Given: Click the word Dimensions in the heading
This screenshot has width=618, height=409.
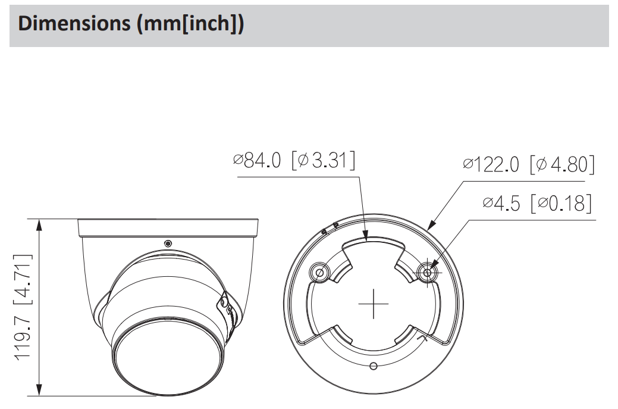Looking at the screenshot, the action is click(74, 24).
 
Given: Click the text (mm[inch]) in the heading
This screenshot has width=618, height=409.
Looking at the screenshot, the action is click(190, 24).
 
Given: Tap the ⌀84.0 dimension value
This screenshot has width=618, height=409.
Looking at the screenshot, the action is click(257, 161).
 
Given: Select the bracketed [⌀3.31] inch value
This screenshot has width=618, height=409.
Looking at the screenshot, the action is click(323, 161).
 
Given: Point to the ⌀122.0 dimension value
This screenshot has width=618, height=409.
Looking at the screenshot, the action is click(491, 164).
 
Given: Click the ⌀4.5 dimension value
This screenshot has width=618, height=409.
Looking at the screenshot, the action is click(501, 203).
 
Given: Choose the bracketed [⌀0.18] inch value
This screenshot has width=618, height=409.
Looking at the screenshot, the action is click(561, 203).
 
